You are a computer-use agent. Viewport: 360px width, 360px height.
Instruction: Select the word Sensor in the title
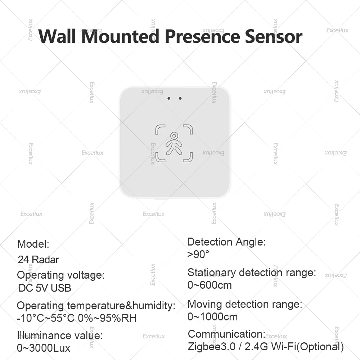pyautogui.click(x=274, y=37)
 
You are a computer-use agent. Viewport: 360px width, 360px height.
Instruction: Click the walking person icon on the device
pyautogui.click(x=174, y=143)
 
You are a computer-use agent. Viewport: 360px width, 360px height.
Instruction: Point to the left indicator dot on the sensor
pyautogui.click(x=168, y=98)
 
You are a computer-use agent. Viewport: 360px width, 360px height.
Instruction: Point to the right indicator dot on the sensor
pyautogui.click(x=180, y=98)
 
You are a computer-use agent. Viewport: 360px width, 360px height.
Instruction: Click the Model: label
pyautogui.click(x=33, y=244)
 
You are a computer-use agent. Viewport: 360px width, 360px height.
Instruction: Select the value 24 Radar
pyautogui.click(x=39, y=260)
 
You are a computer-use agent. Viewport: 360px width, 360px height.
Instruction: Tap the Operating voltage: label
pyautogui.click(x=60, y=275)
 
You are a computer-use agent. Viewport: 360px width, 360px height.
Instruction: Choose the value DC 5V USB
pyautogui.click(x=45, y=288)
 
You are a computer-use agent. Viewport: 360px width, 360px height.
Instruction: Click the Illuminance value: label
pyautogui.click(x=60, y=336)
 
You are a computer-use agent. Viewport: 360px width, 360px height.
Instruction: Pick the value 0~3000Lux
pyautogui.click(x=44, y=348)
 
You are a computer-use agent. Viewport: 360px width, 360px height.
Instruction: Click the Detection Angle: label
pyautogui.click(x=226, y=242)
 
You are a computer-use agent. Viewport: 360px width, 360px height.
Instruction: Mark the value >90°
pyautogui.click(x=198, y=255)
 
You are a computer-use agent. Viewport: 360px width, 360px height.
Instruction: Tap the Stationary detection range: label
pyautogui.click(x=252, y=273)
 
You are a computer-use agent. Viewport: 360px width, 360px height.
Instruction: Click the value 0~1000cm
pyautogui.click(x=212, y=317)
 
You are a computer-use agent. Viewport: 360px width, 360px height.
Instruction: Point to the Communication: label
pyautogui.click(x=226, y=334)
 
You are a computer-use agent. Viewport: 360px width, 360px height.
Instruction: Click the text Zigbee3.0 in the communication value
pyautogui.click(x=211, y=347)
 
